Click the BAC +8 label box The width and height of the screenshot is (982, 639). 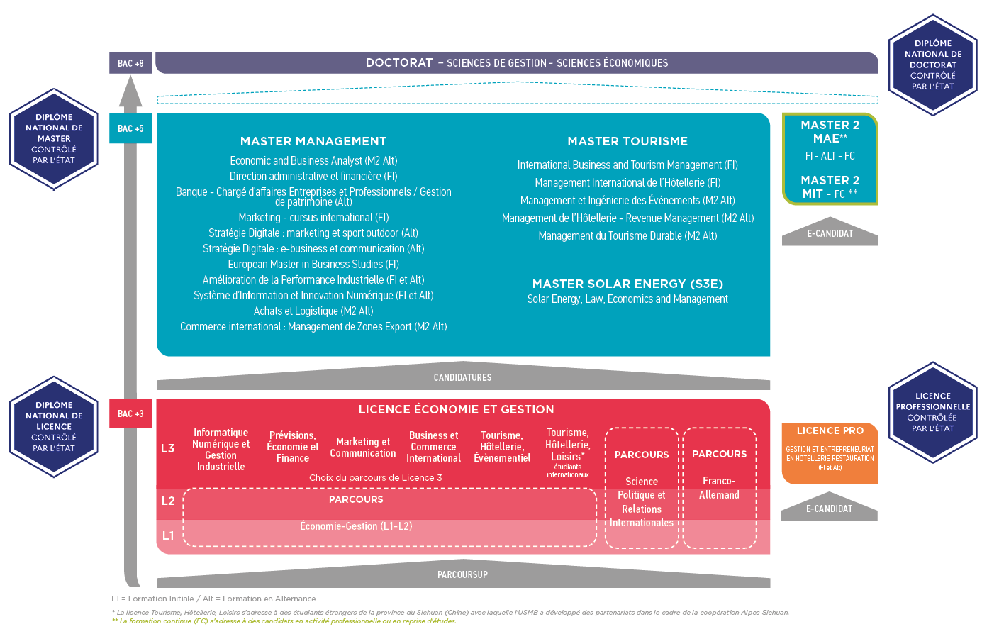[130, 63]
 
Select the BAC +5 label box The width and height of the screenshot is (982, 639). [130, 128]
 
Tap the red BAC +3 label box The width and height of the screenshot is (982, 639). [130, 413]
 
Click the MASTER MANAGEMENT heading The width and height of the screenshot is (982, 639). [313, 141]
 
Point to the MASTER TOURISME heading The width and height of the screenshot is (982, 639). [627, 141]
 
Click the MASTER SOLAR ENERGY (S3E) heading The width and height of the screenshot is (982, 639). [627, 284]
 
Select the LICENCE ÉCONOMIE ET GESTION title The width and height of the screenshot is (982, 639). [456, 409]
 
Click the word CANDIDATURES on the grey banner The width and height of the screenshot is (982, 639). [462, 377]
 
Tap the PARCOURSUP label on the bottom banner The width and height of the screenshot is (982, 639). [462, 574]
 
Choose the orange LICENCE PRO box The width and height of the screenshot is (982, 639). [830, 452]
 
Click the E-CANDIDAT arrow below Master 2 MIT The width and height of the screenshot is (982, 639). [830, 234]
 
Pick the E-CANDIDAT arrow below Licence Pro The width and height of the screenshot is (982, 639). [829, 509]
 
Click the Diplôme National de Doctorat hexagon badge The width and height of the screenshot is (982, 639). [932, 65]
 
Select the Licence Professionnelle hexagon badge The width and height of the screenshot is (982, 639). [932, 412]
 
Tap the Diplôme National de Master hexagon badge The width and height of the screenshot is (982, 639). [54, 139]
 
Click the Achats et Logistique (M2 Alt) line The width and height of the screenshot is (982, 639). [313, 311]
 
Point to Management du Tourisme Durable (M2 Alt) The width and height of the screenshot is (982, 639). [627, 235]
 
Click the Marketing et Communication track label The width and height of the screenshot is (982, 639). [363, 448]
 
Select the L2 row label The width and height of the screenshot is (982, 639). [168, 501]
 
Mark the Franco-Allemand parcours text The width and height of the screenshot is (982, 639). [719, 488]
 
